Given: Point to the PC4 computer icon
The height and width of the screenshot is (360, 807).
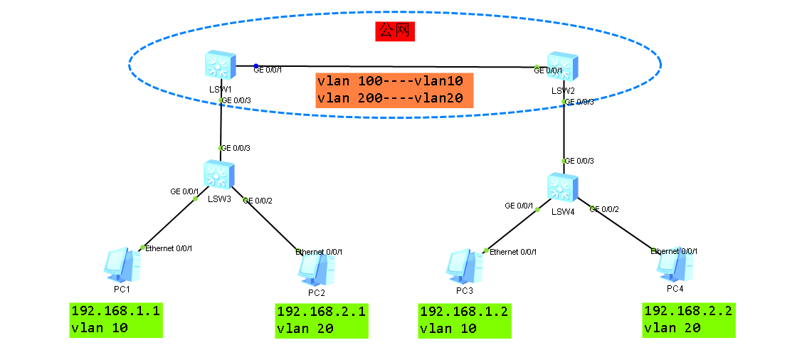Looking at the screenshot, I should [674, 265].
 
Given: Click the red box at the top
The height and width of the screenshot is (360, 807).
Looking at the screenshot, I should [395, 31].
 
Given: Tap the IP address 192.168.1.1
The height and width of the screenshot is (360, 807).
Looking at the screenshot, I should [115, 311].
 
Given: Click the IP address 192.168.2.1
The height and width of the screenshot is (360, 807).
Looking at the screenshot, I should [321, 311].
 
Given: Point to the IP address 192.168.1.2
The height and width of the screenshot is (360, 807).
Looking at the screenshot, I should [464, 311].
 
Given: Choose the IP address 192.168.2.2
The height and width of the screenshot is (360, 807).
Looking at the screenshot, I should [687, 311].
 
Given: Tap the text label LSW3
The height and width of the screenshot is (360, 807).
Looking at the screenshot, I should [219, 199].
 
